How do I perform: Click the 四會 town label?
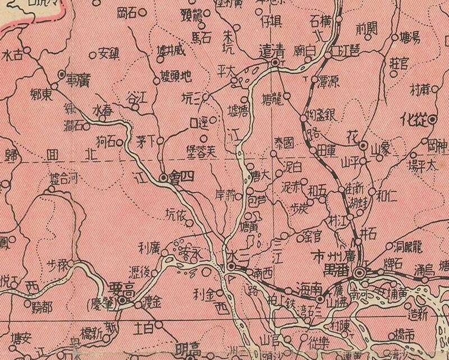181,177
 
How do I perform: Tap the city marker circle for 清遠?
275,63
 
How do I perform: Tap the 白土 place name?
145,325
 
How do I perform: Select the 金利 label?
203,293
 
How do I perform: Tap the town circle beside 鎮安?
93,54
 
